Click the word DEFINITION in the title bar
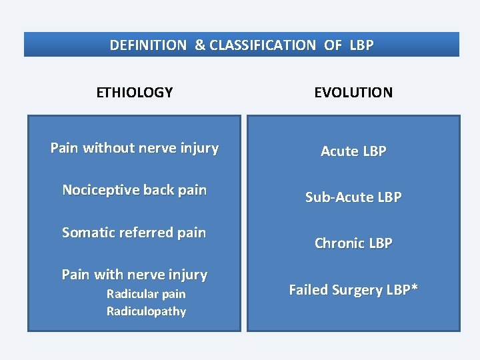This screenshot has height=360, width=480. click(148, 45)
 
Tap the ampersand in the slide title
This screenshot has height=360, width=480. click(200, 45)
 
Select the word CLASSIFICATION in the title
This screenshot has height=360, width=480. click(262, 45)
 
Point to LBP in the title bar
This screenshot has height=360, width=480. click(361, 45)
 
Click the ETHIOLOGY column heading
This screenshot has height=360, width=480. click(134, 93)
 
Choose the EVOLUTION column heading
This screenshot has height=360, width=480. click(353, 93)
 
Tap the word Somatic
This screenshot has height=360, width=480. click(88, 233)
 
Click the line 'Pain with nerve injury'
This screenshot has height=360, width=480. click(134, 275)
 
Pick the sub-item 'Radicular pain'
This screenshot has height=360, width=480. click(146, 294)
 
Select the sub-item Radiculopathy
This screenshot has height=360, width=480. click(146, 311)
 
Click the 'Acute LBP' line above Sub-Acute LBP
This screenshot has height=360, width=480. click(353, 151)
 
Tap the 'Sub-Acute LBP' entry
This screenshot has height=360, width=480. click(353, 197)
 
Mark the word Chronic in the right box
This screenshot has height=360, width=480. click(340, 243)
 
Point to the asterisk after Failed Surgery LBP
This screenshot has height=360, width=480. click(415, 287)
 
